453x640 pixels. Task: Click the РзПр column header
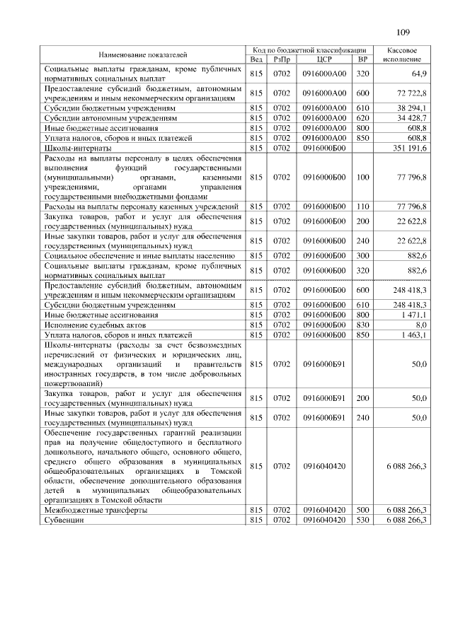[x=282, y=59]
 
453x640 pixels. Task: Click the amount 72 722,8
[x=413, y=93]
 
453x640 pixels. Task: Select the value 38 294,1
[x=413, y=108]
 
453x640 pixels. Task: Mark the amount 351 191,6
[x=411, y=149]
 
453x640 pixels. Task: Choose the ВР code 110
[x=363, y=206]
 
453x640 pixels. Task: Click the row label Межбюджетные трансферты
[x=96, y=509]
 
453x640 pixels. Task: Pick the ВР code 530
[x=363, y=519]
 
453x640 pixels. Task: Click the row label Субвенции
[x=64, y=519]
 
